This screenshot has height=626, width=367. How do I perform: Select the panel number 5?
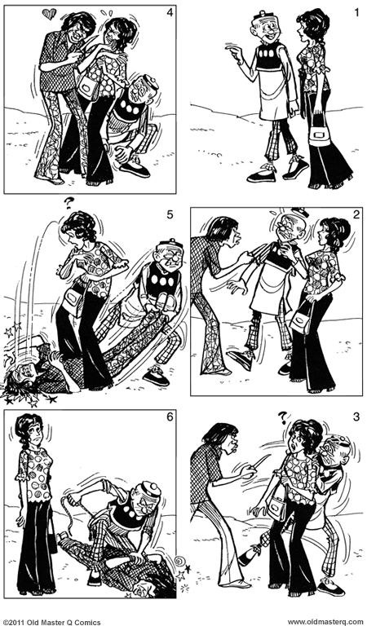pyautogui.click(x=169, y=215)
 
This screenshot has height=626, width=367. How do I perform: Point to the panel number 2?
pyautogui.click(x=356, y=215)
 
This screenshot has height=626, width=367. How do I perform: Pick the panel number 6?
pyautogui.click(x=169, y=418)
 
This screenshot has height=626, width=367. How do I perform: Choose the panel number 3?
pyautogui.click(x=356, y=418)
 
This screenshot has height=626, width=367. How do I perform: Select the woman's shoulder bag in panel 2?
pyautogui.click(x=301, y=322)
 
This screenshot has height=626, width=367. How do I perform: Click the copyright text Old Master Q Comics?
pyautogui.click(x=52, y=621)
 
